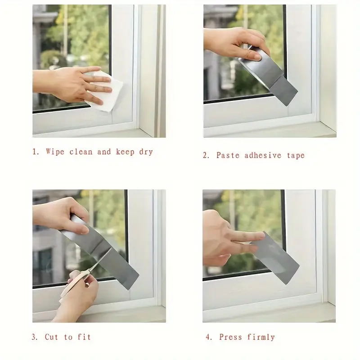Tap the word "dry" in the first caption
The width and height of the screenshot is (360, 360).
146,152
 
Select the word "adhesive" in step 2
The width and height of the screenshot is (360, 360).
263,155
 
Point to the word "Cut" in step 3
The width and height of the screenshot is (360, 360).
51,337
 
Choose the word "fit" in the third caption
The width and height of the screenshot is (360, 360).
84,337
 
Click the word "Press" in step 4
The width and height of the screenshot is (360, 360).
230,337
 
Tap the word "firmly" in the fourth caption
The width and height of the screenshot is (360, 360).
261,337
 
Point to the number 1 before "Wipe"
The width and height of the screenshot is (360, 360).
36,152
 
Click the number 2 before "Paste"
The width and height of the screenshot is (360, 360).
206,155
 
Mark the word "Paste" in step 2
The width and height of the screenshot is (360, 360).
228,155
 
